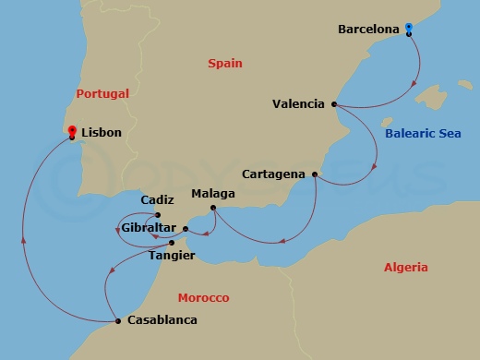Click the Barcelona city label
368,29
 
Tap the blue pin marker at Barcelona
409,30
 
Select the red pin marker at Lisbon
72,132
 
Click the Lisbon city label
102,133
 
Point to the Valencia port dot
334,104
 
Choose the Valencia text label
299,104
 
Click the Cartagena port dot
316,174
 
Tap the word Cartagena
274,174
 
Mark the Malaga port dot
213,207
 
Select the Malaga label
212,195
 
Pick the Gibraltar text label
149,227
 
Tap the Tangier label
172,256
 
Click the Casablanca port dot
118,321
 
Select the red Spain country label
224,64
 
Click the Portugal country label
102,93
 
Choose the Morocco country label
203,298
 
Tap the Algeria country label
406,268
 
